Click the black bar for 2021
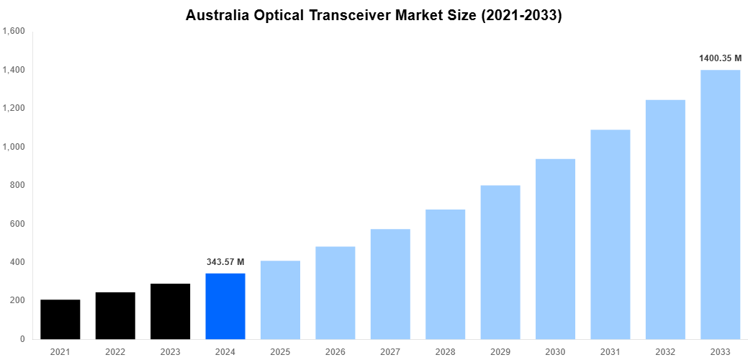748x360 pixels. click(60, 320)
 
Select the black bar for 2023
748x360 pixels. click(171, 312)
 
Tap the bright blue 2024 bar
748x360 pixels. click(225, 307)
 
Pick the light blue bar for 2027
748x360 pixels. click(390, 284)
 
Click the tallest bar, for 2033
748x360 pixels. click(720, 204)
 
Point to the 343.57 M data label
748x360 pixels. click(225, 262)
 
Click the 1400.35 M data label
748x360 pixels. click(720, 58)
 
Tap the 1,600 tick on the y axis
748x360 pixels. click(14, 32)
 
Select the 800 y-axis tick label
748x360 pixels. click(18, 186)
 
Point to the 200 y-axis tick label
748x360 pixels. click(18, 301)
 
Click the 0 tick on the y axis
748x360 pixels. click(22, 339)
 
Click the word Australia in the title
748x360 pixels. click(216, 16)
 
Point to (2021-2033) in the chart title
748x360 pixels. click(522, 16)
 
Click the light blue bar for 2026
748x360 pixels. click(335, 293)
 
